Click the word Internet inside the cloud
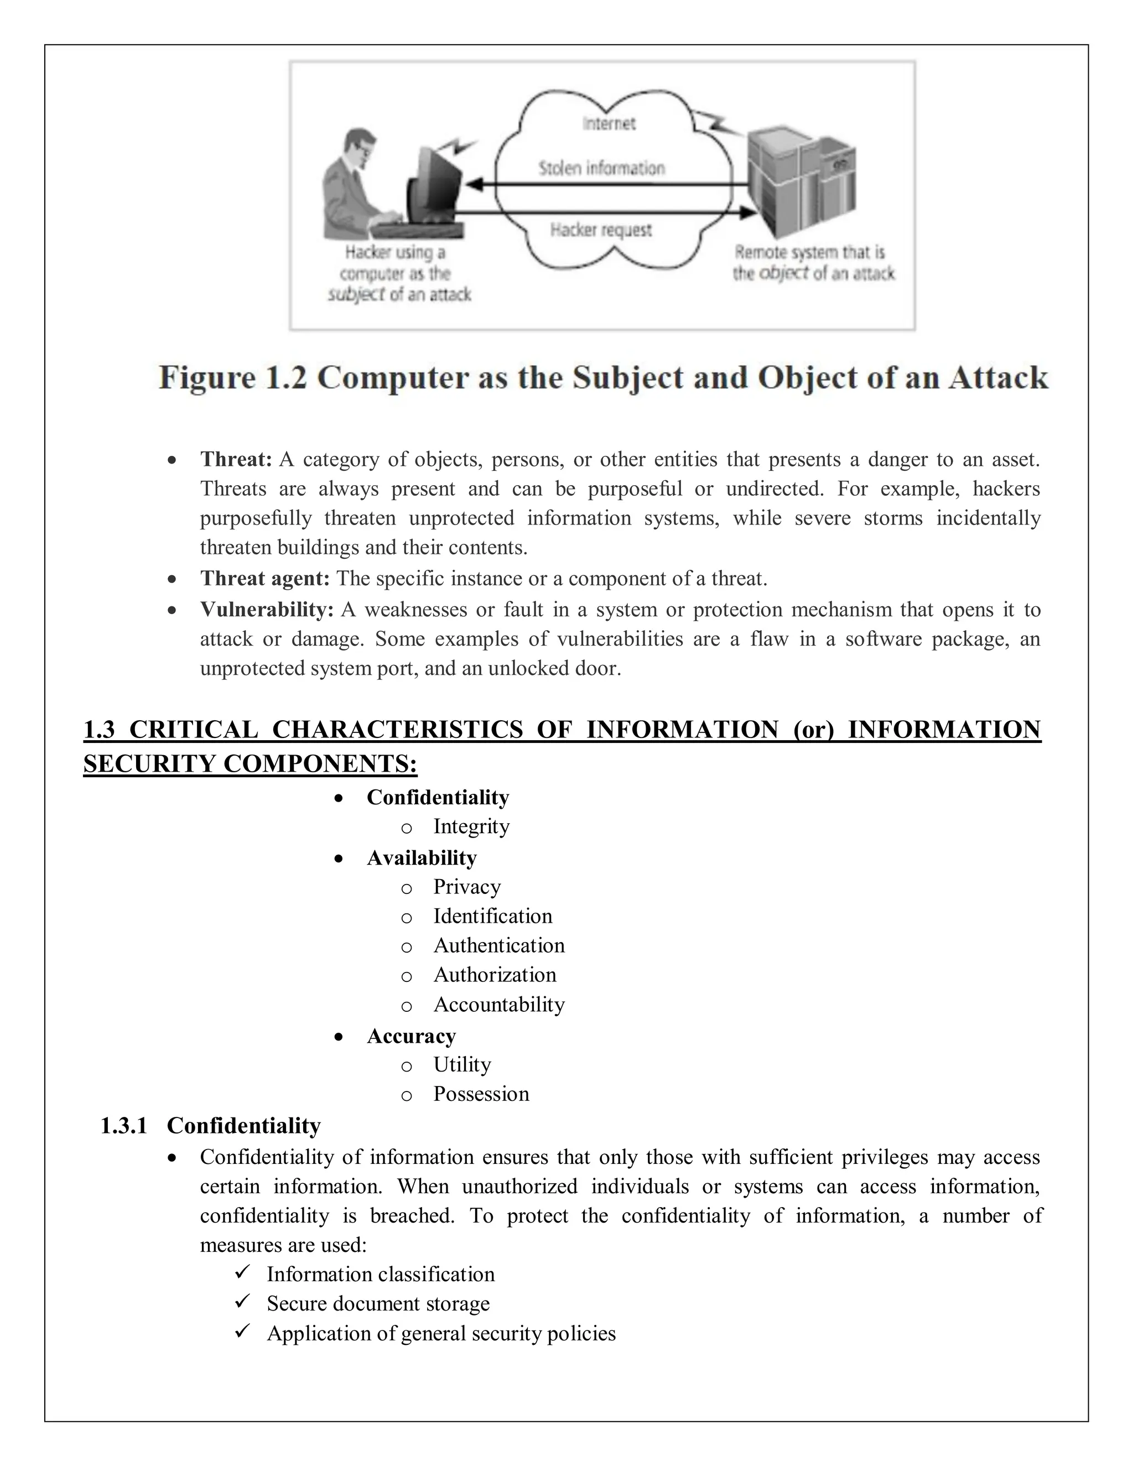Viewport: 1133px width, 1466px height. point(608,123)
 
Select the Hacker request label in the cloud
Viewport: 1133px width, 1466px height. point(601,230)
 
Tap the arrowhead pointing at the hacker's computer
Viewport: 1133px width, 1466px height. point(475,184)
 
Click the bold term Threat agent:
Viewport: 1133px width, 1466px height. point(264,578)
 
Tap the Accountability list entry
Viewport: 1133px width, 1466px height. point(498,1004)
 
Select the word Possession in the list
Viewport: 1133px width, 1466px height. point(481,1094)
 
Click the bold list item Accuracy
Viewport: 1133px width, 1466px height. point(411,1036)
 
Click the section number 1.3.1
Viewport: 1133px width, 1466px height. point(123,1125)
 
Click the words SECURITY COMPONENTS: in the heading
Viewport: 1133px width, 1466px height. point(250,763)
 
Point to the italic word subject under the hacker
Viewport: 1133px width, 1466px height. point(356,295)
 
